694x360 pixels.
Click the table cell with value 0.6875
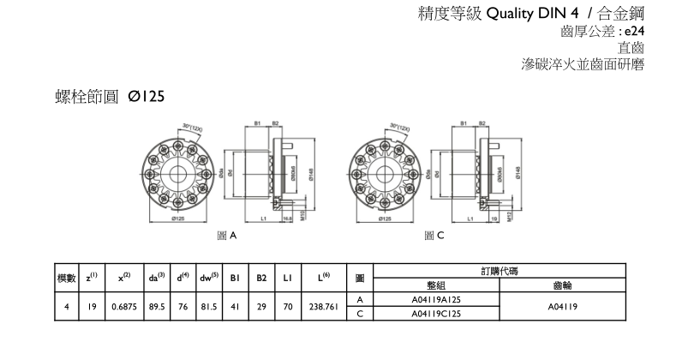tap(123, 307)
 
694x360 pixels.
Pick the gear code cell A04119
tap(563, 307)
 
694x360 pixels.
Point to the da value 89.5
tap(156, 307)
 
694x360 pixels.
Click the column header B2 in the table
tap(261, 278)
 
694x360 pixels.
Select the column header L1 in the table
tap(288, 278)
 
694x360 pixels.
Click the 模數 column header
tap(67, 278)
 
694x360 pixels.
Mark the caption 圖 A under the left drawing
tap(226, 234)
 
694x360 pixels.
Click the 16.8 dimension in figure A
tap(287, 219)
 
